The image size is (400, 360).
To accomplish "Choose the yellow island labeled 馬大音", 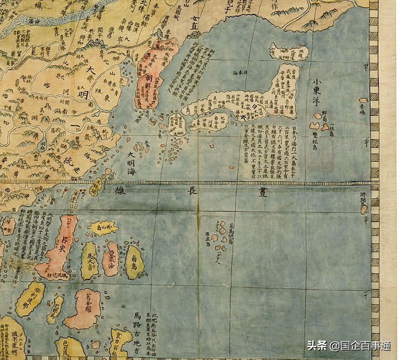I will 89,260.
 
